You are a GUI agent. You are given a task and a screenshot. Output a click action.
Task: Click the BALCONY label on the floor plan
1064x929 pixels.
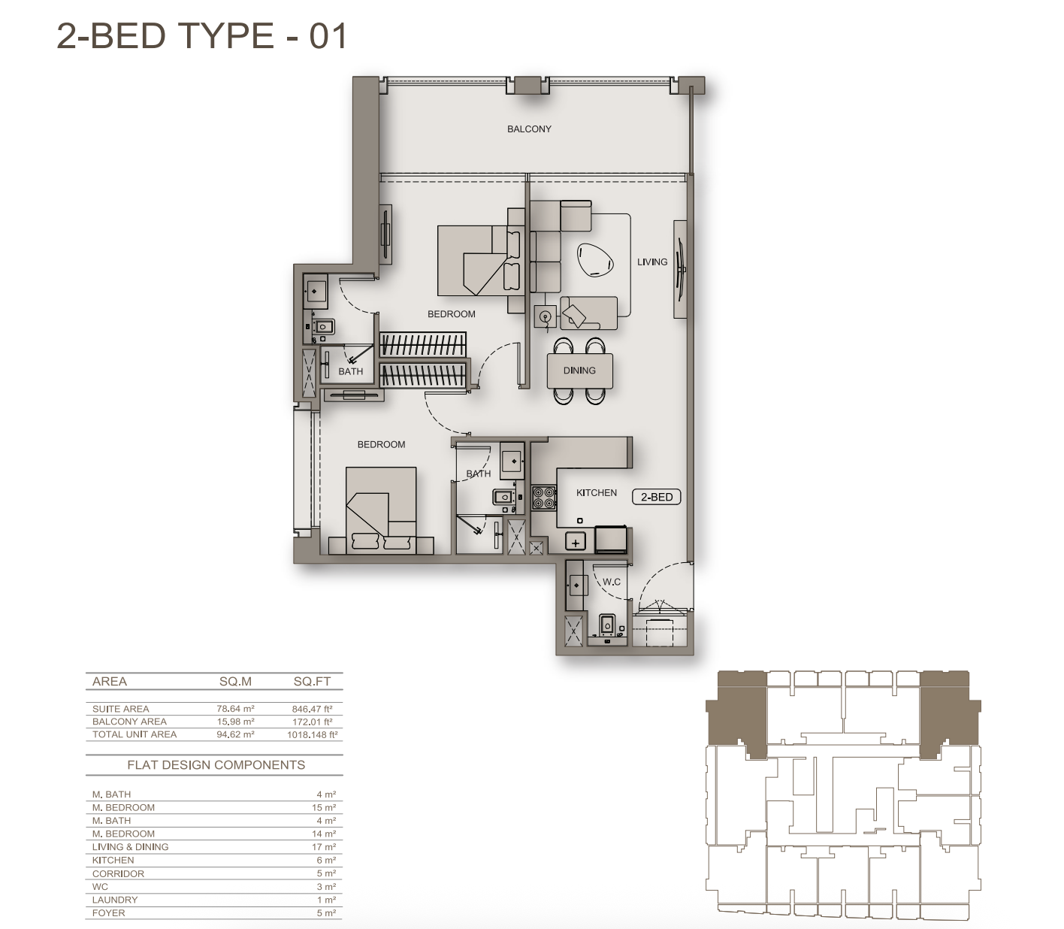pos(529,129)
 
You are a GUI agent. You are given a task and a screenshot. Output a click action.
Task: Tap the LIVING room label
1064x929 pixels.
pos(652,262)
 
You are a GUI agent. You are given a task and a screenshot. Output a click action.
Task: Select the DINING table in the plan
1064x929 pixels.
pos(579,371)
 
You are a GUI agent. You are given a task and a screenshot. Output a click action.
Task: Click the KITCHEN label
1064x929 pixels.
pos(596,492)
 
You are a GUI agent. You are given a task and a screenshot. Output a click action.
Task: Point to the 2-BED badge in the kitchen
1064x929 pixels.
pos(656,498)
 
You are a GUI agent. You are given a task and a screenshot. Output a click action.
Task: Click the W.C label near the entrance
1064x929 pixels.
pos(612,582)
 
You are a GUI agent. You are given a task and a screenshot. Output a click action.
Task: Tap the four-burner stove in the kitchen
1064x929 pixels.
pos(544,498)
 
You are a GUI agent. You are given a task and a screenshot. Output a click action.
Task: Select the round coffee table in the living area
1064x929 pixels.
pos(595,259)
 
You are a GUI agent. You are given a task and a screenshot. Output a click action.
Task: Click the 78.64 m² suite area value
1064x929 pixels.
pos(235,709)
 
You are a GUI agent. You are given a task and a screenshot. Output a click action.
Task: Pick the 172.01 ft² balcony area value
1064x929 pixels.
pos(312,722)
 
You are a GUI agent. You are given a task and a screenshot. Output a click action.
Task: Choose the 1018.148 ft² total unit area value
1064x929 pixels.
pos(312,735)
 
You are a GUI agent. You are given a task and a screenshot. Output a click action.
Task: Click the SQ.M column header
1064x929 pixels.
pos(235,682)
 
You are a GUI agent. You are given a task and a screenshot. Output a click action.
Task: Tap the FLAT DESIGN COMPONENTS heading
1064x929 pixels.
pos(216,765)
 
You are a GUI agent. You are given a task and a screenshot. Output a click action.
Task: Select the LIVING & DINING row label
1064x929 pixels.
pos(131,847)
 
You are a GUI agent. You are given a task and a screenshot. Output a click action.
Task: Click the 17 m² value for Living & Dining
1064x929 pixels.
pos(327,847)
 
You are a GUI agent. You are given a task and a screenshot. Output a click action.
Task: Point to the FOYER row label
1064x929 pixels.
pos(109,913)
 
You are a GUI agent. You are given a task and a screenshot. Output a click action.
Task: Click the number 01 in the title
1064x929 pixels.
pos(328,36)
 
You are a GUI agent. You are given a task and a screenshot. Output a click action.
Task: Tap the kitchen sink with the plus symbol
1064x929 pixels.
pos(576,542)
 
